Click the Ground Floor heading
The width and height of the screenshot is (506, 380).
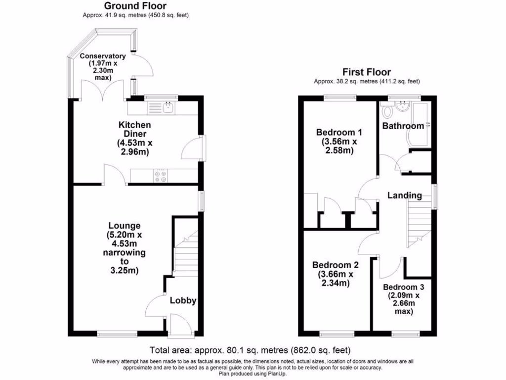pos(135,6)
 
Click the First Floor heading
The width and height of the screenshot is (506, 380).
pos(367,72)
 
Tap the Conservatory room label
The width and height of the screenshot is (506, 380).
pos(103,56)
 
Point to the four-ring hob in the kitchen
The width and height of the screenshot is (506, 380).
pos(161,176)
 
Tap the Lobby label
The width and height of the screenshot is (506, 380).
pos(183,300)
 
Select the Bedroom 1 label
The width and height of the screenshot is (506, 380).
pos(339,132)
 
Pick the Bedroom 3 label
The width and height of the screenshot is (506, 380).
pos(403,287)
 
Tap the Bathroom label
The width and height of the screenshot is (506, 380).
pos(403,126)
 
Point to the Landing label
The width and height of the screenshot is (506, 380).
pos(405,195)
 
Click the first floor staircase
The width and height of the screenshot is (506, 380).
pos(418,226)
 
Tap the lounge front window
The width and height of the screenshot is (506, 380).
pos(117,334)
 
